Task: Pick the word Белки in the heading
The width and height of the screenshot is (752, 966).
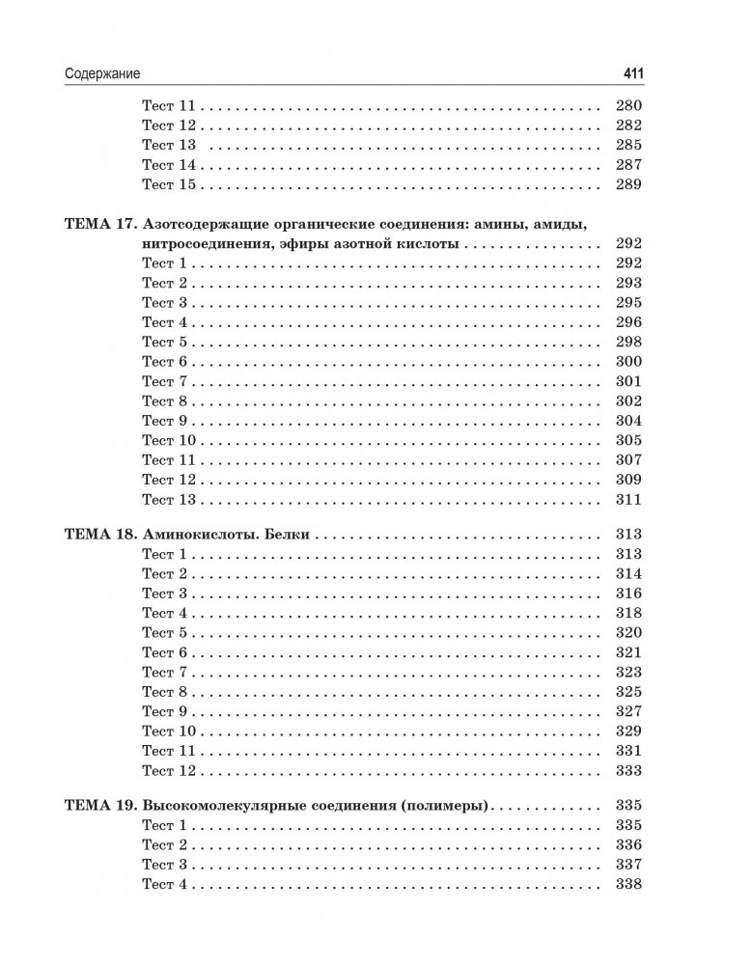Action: point(288,535)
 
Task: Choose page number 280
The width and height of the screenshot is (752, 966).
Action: point(628,106)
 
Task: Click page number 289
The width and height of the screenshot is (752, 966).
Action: point(628,184)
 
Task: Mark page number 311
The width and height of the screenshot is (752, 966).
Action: point(628,500)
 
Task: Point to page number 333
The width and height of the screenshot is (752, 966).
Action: point(628,771)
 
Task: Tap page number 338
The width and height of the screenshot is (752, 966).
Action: point(628,885)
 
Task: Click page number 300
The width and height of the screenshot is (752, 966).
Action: point(628,362)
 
